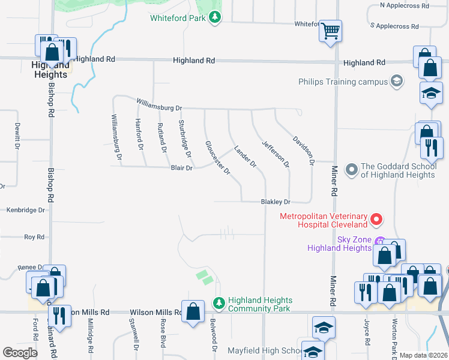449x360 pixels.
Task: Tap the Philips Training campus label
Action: (344, 82)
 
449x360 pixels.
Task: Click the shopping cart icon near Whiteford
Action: (331, 30)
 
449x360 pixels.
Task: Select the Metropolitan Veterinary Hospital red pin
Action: (376, 220)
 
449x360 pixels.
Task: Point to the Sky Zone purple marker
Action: (379, 241)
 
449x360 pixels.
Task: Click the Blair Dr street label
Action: (181, 169)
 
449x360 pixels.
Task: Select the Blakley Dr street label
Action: (276, 202)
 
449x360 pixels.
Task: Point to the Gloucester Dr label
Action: (218, 158)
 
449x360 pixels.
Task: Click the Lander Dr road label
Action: (245, 155)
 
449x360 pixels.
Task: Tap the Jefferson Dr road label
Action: (276, 154)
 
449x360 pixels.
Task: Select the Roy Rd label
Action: (34, 237)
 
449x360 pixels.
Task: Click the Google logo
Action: (20, 353)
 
